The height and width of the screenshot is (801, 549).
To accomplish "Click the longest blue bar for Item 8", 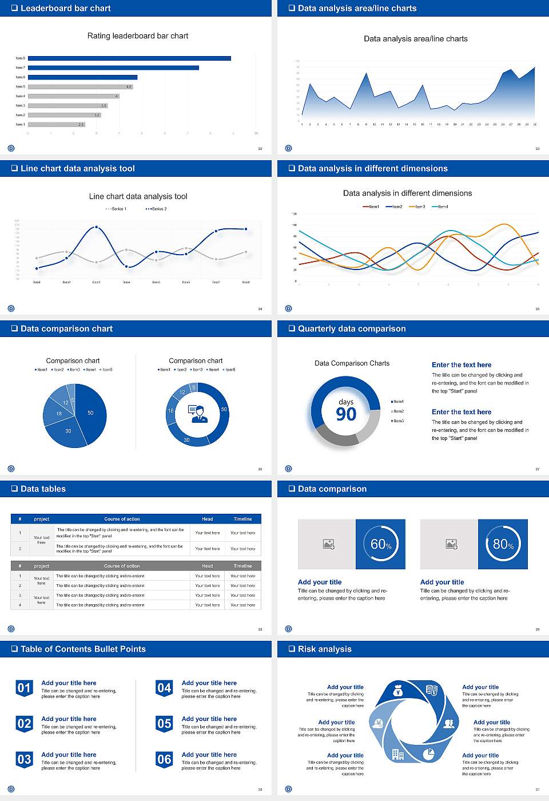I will tap(129, 58).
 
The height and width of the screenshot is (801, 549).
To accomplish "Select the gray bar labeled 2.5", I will tap(56, 124).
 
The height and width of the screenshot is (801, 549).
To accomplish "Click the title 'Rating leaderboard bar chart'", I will tap(138, 36).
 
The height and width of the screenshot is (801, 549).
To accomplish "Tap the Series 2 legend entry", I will tap(156, 209).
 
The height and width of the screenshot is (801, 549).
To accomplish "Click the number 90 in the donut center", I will tap(346, 414).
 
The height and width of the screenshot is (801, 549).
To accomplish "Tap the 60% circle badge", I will tap(381, 544).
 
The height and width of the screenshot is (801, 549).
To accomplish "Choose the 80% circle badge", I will tap(503, 544).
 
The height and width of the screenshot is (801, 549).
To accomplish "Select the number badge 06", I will tap(164, 760).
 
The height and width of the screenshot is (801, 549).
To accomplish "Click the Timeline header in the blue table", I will tap(242, 519).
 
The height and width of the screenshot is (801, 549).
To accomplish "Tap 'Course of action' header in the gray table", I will tap(122, 566).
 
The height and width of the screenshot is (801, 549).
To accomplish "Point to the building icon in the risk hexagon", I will tap(397, 755).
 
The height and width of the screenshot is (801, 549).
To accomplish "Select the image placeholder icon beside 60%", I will tap(328, 544).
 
